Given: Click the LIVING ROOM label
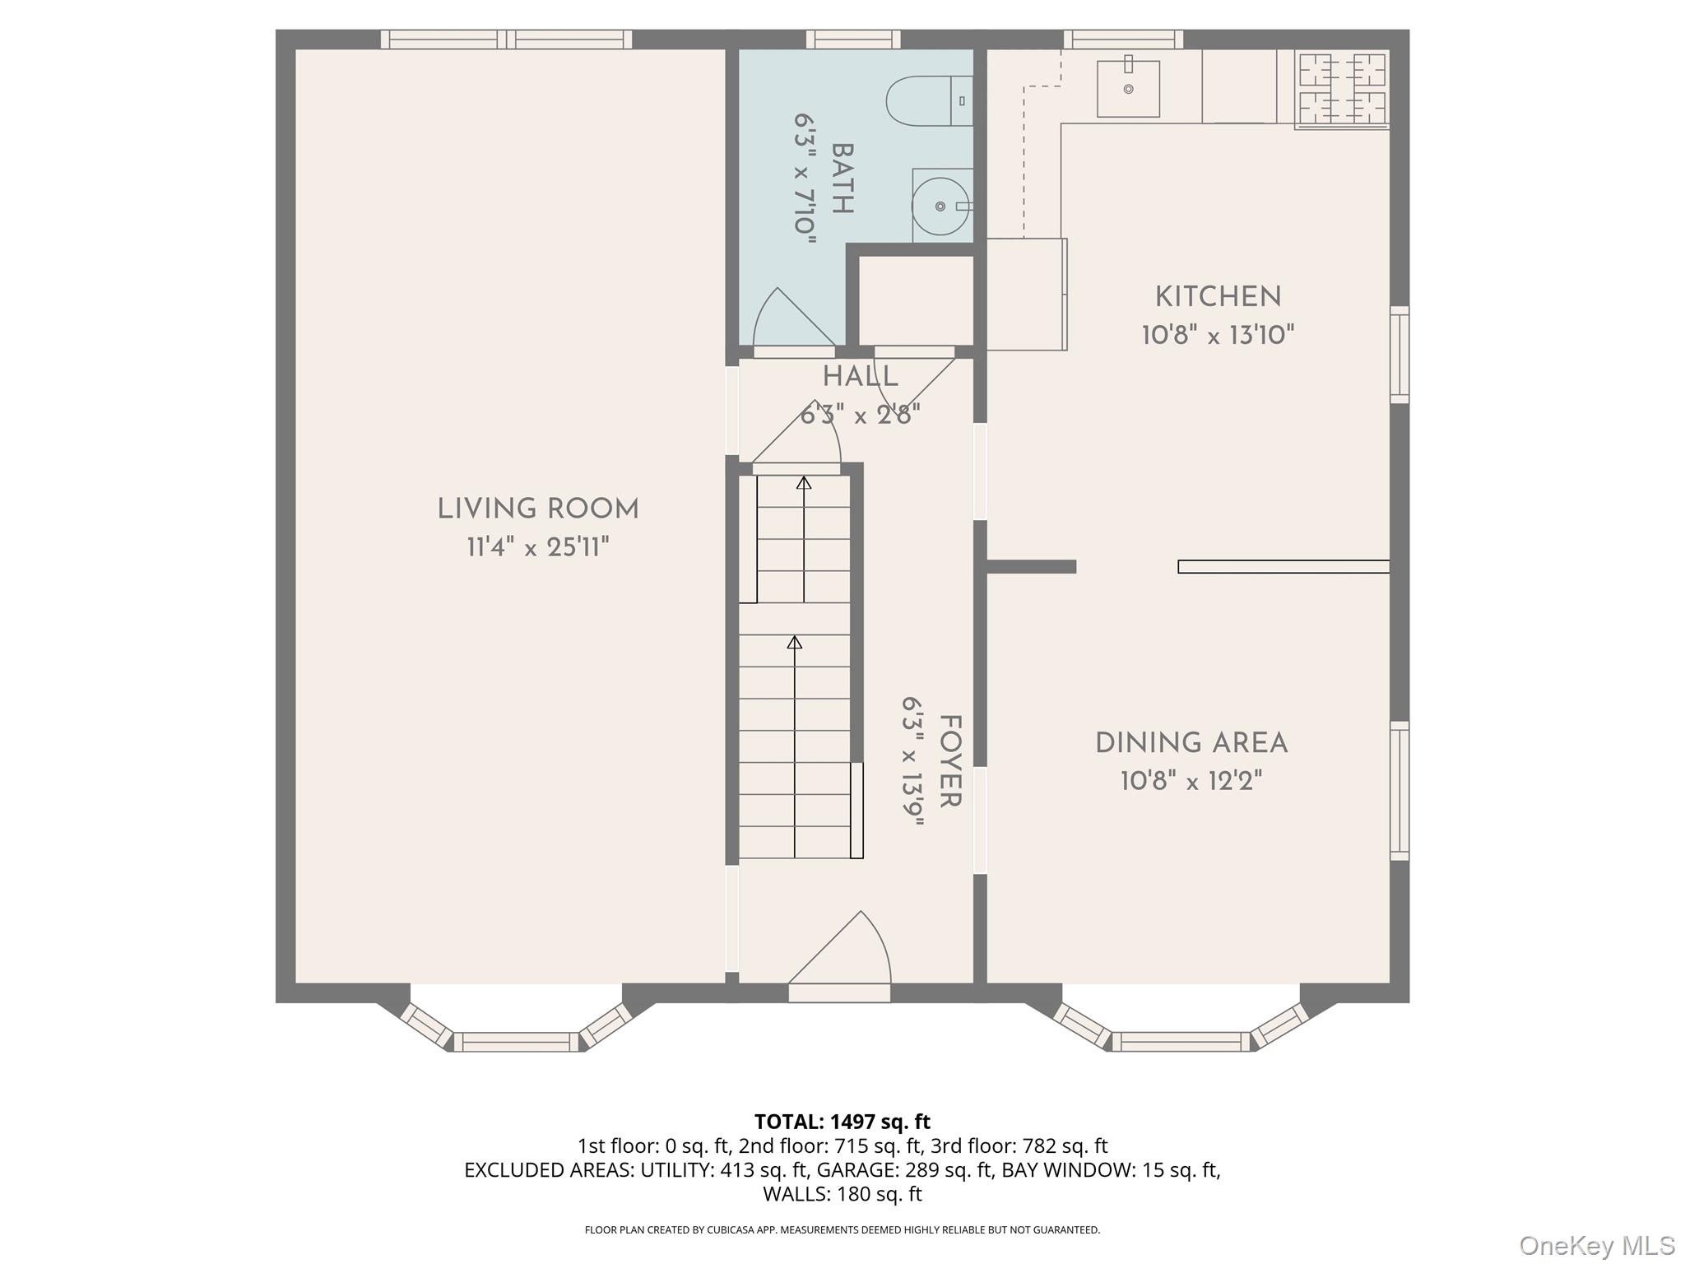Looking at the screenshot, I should [537, 509].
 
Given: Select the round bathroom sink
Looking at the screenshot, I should [940, 206].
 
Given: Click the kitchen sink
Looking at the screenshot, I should [1128, 88].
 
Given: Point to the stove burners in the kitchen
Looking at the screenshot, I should [1342, 89].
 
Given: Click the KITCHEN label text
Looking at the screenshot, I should [1218, 297].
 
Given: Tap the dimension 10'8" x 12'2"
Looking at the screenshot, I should [1191, 781].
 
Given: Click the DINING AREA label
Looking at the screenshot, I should [1191, 743].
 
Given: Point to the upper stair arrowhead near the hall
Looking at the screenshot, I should [804, 483].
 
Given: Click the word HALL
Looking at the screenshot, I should [860, 378].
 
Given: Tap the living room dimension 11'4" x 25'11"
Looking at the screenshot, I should [537, 547].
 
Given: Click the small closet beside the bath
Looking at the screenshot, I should [916, 300].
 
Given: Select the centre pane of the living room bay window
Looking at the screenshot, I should [517, 1042].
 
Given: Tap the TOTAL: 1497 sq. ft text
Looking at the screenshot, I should [842, 1122].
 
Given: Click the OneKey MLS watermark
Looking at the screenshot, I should [1596, 1245].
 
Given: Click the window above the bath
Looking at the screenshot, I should [852, 39].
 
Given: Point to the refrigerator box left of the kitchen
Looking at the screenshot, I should [1025, 294].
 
